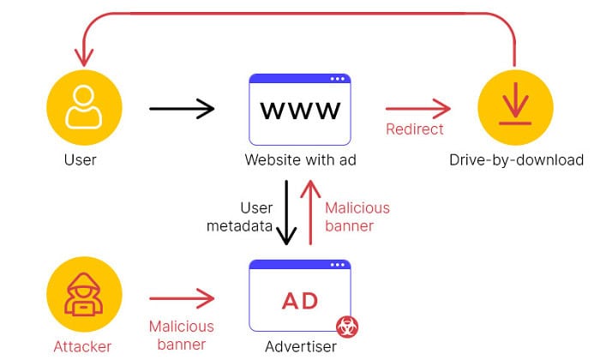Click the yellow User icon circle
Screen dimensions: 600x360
[84, 107]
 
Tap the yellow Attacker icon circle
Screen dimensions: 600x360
[84, 294]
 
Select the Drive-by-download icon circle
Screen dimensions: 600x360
[515, 107]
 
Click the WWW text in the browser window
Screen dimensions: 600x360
[300, 111]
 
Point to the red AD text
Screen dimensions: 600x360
[300, 301]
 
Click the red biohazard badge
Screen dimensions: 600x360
[347, 327]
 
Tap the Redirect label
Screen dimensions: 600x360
[414, 129]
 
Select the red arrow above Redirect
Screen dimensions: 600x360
[418, 109]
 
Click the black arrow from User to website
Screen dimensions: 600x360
[182, 109]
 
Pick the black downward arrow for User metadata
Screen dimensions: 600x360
[286, 213]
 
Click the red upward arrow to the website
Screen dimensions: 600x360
[310, 213]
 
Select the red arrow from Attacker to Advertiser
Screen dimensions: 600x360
[182, 298]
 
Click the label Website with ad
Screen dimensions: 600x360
[300, 160]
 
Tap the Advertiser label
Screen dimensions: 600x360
[301, 346]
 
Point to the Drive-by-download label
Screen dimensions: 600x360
[516, 160]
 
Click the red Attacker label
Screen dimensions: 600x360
[82, 346]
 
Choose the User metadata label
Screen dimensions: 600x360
[239, 217]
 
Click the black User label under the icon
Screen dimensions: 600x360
[80, 160]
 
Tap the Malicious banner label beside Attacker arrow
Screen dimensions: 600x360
[182, 335]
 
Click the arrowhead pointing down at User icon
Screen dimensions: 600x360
[84, 58]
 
